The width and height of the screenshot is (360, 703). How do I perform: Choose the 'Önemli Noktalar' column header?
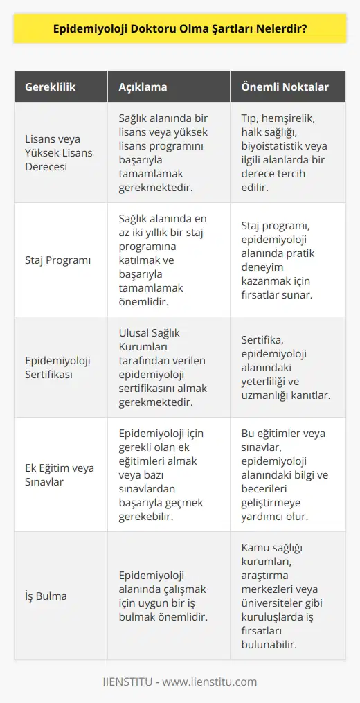tap(284, 87)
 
